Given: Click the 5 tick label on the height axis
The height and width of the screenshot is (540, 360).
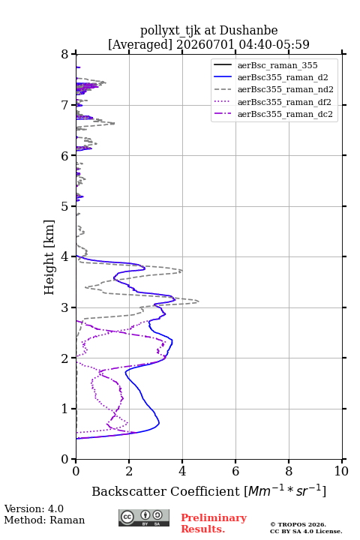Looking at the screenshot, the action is point(64,206).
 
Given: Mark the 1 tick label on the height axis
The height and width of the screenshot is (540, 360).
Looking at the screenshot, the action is point(64,409).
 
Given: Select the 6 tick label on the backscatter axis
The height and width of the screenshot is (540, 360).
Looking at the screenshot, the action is point(235,471).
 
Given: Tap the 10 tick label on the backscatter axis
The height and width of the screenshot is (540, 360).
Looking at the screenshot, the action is point(341,471).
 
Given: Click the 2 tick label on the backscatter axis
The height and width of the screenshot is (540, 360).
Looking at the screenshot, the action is point(129,471).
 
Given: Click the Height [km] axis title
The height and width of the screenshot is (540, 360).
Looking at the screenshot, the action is point(49,257).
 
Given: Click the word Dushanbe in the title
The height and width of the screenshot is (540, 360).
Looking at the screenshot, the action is point(248,31).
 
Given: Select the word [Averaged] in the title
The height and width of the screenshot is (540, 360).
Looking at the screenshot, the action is point(140,44).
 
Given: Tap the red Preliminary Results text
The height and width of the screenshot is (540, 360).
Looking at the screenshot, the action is point(214,523).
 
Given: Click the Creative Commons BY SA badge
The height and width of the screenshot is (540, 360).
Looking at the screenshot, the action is point(144,517).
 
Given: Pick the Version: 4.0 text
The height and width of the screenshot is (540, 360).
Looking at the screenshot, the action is point(34,508).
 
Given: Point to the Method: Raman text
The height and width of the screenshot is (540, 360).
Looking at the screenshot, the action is point(44,520).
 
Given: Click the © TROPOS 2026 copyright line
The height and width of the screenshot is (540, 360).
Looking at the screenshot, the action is point(298,524).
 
